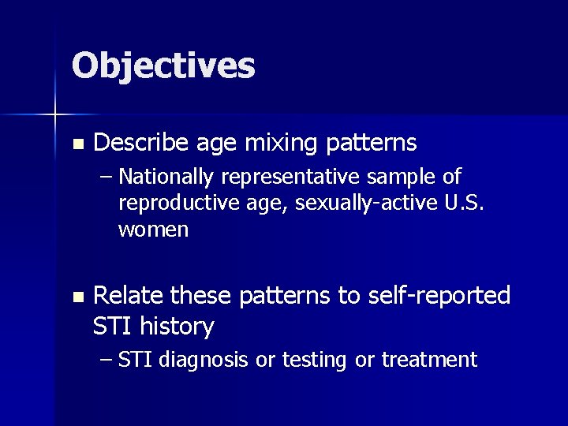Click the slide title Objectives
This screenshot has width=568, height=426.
(163, 65)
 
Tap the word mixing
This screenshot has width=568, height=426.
(269, 143)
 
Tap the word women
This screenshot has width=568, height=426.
(153, 230)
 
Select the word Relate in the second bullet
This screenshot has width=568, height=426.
(129, 296)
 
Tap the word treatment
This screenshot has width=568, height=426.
(429, 361)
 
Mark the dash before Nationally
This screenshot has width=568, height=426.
(107, 177)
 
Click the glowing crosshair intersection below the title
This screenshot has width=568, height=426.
(55, 115)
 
